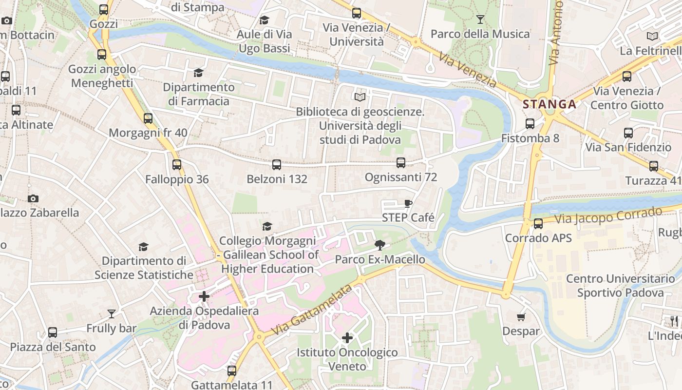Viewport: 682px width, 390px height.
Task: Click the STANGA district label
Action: point(549,104)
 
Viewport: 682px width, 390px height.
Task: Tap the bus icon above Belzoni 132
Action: point(277,165)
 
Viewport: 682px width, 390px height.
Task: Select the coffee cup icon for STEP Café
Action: point(408,203)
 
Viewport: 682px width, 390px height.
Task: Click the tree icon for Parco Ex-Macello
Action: point(380,245)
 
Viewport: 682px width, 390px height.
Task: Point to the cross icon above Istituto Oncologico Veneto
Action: point(347,337)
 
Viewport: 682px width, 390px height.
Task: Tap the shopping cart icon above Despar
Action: point(521,317)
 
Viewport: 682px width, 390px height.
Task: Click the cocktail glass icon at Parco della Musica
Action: point(480,19)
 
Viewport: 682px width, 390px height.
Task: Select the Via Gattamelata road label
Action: point(312,311)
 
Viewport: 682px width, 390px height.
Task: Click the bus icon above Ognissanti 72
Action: point(400,163)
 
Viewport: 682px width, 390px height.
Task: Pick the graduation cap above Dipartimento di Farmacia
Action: point(198,73)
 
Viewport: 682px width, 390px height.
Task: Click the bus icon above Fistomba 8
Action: point(530,124)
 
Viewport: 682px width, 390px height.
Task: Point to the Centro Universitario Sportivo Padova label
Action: point(620,286)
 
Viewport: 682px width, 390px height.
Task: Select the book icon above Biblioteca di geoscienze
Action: point(360,97)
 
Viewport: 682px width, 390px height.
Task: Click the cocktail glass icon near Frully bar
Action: point(112,313)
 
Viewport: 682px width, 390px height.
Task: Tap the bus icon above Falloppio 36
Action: point(177,165)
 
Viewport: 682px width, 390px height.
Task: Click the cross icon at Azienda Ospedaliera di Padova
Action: point(204,296)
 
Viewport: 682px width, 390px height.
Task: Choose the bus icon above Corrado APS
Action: point(538,224)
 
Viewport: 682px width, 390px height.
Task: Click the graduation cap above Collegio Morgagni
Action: point(267,226)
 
